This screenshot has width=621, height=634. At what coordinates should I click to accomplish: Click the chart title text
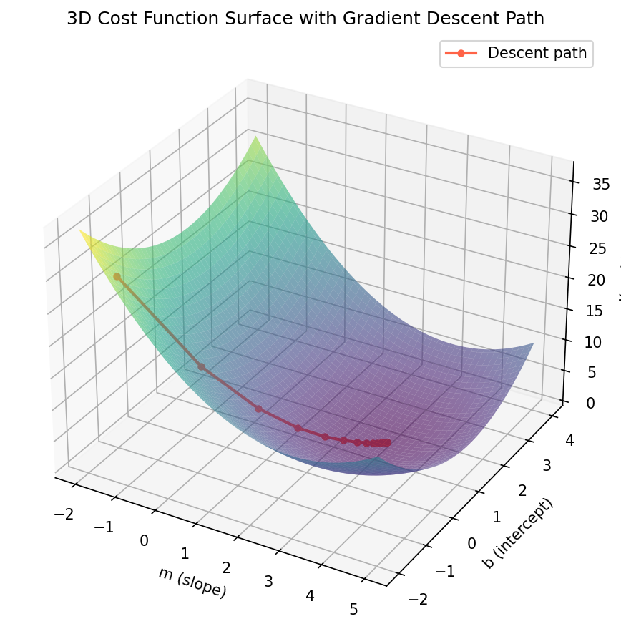click(x=305, y=19)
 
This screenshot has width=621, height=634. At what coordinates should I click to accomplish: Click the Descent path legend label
click(x=537, y=52)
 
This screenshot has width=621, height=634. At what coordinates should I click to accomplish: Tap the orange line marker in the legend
click(x=461, y=52)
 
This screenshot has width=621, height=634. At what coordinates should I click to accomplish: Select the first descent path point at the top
click(x=117, y=276)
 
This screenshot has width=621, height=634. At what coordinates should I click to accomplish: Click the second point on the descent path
click(x=202, y=366)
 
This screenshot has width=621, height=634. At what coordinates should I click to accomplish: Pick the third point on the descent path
click(x=259, y=409)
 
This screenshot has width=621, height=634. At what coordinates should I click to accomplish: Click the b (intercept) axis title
click(x=518, y=533)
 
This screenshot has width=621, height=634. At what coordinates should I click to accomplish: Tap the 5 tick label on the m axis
click(x=353, y=609)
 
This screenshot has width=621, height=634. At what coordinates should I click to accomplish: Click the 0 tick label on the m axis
click(x=145, y=540)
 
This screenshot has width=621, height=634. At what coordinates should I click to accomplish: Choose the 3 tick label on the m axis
click(x=268, y=580)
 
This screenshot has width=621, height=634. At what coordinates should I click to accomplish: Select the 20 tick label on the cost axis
click(x=587, y=280)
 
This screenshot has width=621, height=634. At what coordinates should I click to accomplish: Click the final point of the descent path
click(x=388, y=442)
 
